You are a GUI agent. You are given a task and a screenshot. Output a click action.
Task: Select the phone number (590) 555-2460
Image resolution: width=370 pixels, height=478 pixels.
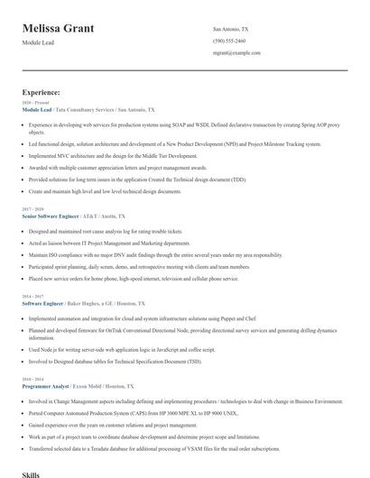(x=228, y=41)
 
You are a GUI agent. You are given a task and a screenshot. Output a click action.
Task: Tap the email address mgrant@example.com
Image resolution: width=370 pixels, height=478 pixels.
(x=236, y=53)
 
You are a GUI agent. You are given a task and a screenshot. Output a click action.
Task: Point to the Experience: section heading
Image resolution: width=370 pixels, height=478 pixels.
(x=42, y=92)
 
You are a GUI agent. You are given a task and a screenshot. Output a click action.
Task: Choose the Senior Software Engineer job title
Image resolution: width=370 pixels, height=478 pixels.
(x=50, y=217)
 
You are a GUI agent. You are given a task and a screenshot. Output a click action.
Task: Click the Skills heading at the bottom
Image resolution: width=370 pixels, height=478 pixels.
(x=32, y=473)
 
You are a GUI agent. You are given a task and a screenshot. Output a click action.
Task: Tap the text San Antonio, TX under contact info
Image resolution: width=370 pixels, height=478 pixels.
(x=231, y=29)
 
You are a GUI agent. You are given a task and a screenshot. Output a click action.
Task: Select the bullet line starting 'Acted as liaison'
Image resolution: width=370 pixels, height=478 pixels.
(x=109, y=243)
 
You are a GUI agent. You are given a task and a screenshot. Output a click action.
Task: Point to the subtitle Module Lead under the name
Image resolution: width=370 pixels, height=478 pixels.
(x=38, y=42)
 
